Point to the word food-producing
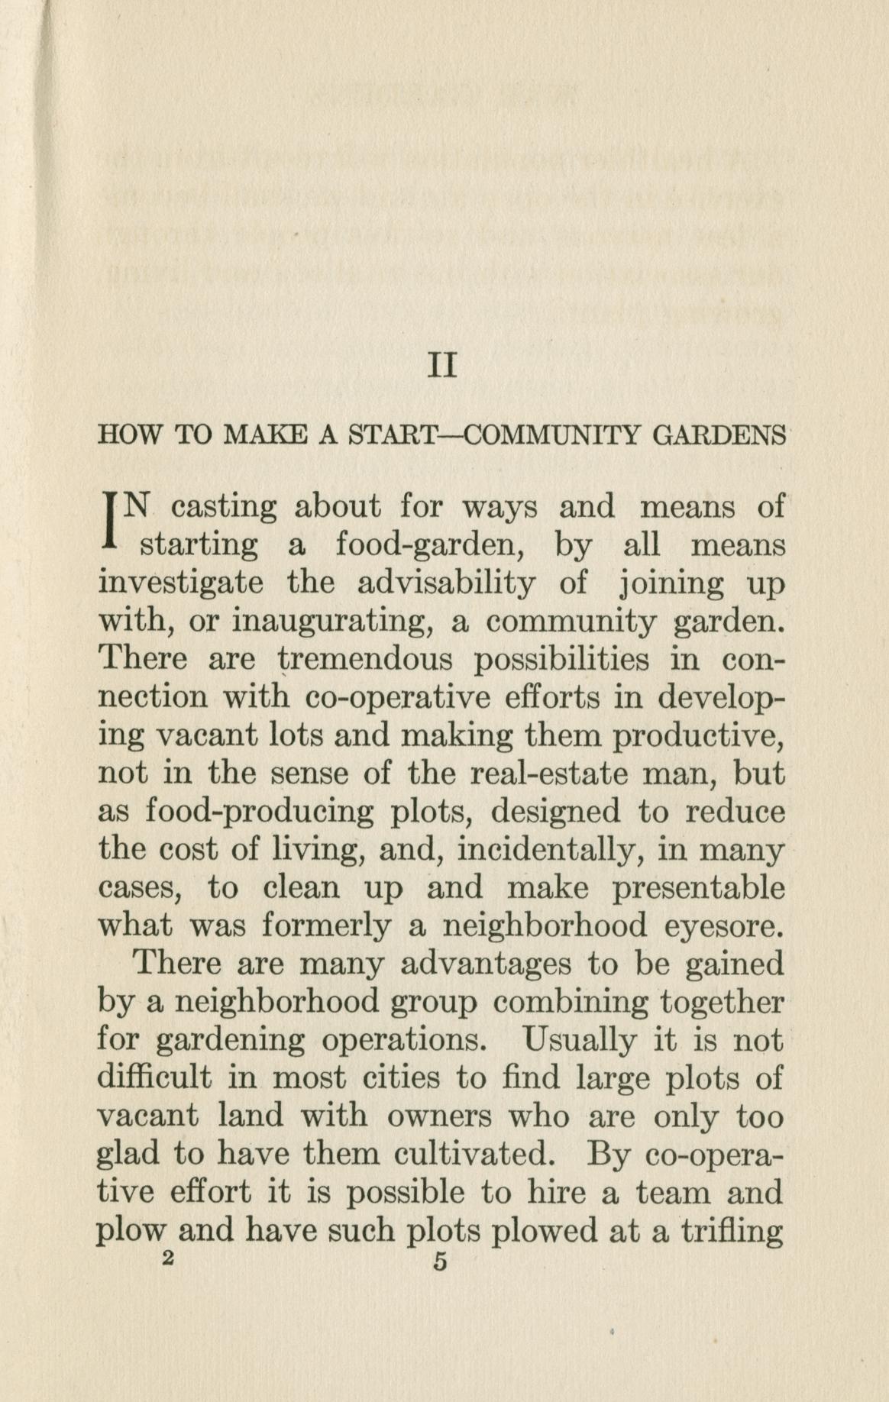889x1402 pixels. [x=260, y=812]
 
